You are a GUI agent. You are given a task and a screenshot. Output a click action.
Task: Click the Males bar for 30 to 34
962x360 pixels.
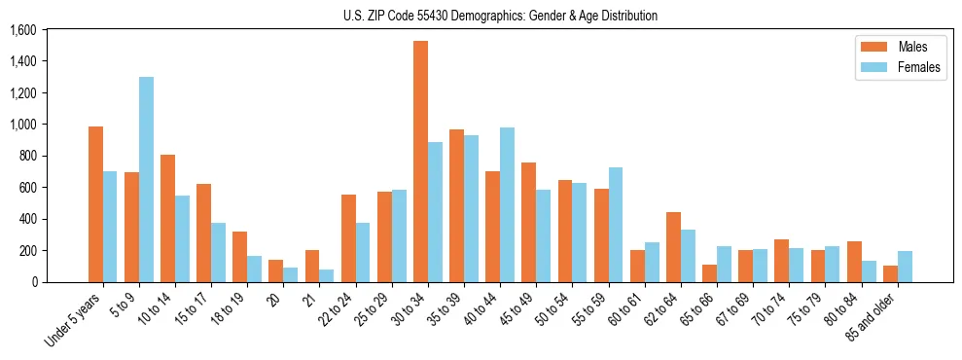click(420, 162)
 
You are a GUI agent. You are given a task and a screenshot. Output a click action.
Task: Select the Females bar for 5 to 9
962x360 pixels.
click(146, 179)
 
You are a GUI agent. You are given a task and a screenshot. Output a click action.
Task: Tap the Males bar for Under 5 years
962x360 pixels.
click(95, 204)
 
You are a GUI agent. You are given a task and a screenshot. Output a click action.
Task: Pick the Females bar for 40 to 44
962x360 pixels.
click(507, 204)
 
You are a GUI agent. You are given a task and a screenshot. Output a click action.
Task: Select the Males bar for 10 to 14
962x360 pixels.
click(167, 218)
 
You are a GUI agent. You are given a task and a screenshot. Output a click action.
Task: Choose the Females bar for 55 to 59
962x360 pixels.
click(616, 225)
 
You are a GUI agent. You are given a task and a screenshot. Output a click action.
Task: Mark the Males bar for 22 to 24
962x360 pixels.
click(348, 238)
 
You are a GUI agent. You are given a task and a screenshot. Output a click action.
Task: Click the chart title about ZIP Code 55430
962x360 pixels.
click(500, 16)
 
